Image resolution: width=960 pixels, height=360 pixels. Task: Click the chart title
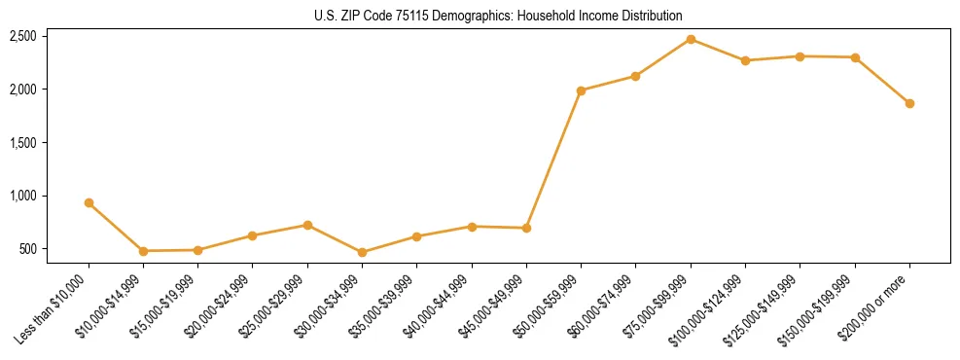pyautogui.click(x=499, y=16)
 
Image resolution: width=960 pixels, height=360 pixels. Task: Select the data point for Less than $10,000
pyautogui.click(x=89, y=203)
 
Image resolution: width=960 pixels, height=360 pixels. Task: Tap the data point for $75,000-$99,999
pyautogui.click(x=691, y=39)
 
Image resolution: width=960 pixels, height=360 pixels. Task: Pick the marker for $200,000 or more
pyautogui.click(x=909, y=103)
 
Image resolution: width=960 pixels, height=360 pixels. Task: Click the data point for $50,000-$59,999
pyautogui.click(x=581, y=90)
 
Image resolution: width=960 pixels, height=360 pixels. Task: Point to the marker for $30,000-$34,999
pyautogui.click(x=362, y=252)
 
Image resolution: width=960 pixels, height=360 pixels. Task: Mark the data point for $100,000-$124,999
pyautogui.click(x=745, y=60)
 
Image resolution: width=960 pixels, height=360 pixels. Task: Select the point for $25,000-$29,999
pyautogui.click(x=307, y=225)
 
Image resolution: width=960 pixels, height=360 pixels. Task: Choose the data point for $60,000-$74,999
pyautogui.click(x=635, y=76)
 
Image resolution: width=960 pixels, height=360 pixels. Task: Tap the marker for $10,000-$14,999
pyautogui.click(x=143, y=251)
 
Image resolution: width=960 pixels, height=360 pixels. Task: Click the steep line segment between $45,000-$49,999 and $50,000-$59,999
pyautogui.click(x=553, y=160)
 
